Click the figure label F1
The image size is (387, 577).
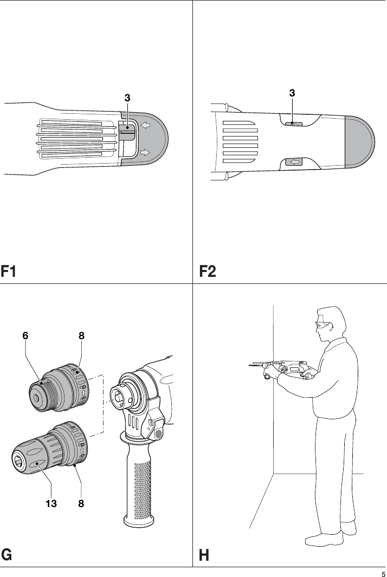tap(10, 271)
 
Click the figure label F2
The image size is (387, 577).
tap(208, 271)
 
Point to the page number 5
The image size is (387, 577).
tap(383, 574)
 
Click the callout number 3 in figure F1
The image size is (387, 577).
tap(127, 98)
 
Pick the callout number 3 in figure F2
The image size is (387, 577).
tap(292, 93)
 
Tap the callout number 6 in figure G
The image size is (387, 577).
tap(25, 336)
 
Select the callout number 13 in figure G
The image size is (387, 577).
tap(51, 503)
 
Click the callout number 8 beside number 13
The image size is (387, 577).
tap(81, 503)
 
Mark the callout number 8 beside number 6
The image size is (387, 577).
tap(81, 336)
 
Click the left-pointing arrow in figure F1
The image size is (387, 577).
tap(145, 125)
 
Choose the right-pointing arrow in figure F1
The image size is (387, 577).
tap(145, 153)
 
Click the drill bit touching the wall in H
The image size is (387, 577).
tap(257, 366)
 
